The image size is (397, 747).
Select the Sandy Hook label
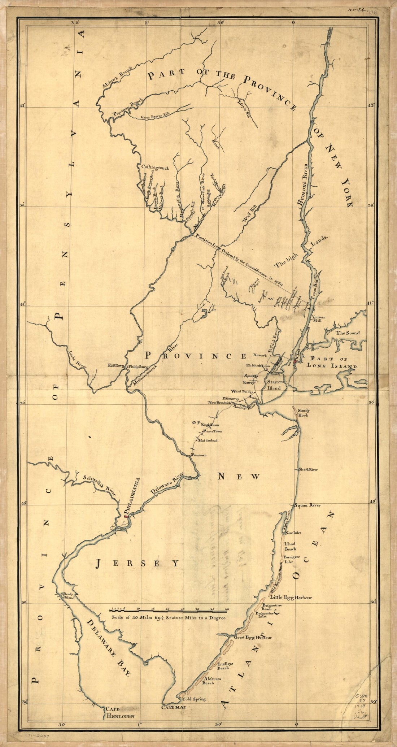304,413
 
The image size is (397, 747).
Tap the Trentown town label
199,455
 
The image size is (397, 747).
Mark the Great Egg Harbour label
253,638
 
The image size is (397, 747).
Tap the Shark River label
307,469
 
